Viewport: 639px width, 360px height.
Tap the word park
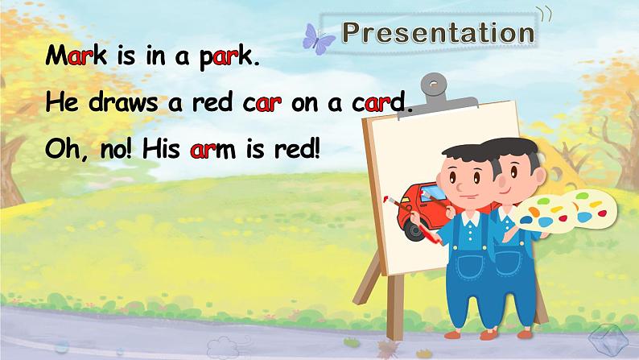226,57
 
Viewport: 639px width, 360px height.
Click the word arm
212,150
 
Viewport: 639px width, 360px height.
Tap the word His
161,148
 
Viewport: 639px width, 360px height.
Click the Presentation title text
438,32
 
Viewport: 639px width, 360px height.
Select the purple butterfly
318,39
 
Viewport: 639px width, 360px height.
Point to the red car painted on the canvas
422,211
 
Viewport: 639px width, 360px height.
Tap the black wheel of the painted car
414,231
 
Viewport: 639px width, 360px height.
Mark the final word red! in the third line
296,149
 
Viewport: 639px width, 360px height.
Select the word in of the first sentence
155,56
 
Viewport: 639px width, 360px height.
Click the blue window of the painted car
433,192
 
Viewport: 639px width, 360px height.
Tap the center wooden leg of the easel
394,307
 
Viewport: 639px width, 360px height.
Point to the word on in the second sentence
305,105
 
